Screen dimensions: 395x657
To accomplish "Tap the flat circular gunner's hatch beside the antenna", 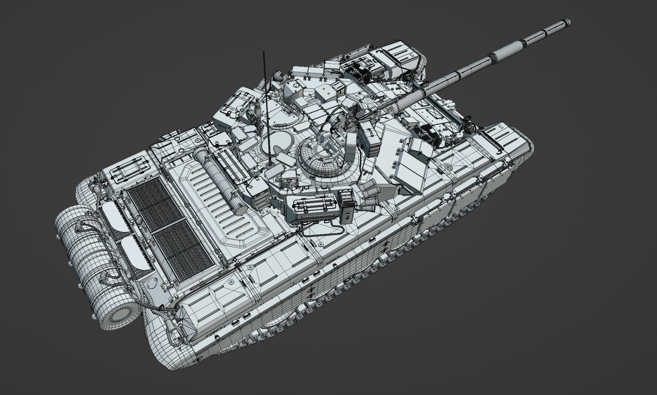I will [276, 143].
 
